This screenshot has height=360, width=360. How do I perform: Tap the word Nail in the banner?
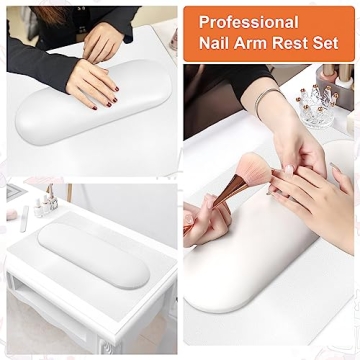[217, 44]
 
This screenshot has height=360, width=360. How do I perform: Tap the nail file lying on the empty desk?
[21, 220]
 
